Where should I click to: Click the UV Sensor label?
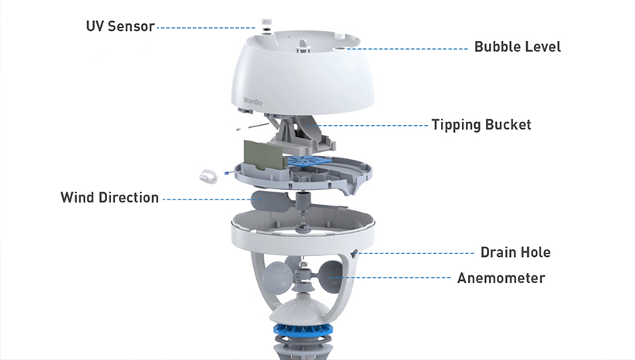click(x=120, y=26)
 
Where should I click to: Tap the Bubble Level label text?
click(x=517, y=47)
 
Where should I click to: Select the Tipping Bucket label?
click(x=481, y=124)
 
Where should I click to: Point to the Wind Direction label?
click(x=109, y=198)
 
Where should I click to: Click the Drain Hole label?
click(x=515, y=252)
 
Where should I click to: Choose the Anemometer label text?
click(x=501, y=278)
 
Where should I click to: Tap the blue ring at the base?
click(x=306, y=333)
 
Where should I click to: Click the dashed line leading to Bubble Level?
click(x=411, y=47)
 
